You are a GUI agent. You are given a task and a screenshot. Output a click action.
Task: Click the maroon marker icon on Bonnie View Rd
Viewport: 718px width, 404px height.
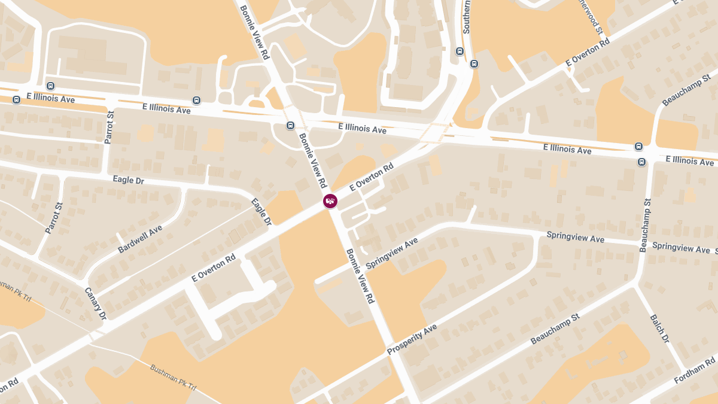[330, 201]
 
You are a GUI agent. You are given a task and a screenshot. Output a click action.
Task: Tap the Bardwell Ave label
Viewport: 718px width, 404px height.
[140, 239]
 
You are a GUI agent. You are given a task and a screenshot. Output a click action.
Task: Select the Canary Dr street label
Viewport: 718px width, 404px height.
[95, 303]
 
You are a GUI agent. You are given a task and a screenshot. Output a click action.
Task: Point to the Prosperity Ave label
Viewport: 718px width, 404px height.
[412, 339]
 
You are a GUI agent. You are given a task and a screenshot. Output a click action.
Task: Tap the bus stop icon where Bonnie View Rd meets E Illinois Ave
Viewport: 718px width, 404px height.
[290, 126]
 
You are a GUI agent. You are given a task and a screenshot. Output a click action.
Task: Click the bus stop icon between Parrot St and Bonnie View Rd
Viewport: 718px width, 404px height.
[196, 100]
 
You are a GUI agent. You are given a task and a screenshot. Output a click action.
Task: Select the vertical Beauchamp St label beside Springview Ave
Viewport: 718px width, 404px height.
[646, 226]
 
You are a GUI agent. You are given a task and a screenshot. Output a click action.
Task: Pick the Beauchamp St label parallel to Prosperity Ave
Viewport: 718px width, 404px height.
[556, 329]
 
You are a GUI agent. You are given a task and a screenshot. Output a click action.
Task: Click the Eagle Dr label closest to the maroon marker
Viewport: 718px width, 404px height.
[261, 212]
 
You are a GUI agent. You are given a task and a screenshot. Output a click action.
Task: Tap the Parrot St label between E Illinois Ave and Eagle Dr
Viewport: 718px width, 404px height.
[108, 127]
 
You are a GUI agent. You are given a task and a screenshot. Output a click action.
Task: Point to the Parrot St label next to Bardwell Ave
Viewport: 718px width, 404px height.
[54, 218]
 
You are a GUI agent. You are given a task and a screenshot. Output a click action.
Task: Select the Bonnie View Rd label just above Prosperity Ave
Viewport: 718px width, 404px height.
[360, 276]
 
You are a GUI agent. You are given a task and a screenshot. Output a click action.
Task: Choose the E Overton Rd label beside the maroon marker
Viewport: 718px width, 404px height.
[372, 177]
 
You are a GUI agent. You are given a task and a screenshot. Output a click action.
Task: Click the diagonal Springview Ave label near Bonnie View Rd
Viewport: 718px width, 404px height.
[392, 253]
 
